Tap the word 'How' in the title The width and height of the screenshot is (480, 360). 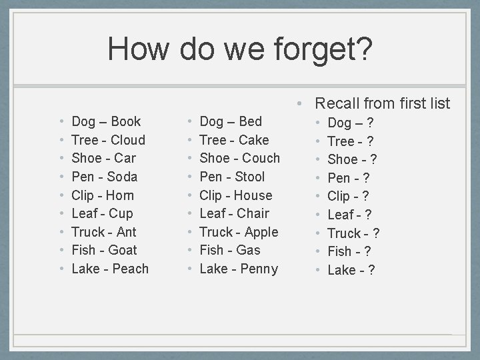point(139,49)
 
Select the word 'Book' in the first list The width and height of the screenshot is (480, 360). point(126,121)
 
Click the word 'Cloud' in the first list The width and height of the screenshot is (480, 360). point(128,140)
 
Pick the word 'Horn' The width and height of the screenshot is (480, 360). point(120,195)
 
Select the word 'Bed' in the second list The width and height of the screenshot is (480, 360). point(250,121)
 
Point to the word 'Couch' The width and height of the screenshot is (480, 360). point(261,158)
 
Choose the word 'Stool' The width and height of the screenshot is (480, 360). point(250,177)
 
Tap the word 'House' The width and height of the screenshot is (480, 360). point(253,195)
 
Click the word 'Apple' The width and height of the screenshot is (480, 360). point(261,232)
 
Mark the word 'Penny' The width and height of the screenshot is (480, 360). point(259,269)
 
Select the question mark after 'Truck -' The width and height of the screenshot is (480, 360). point(376,233)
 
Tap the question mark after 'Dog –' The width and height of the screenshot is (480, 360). point(370,123)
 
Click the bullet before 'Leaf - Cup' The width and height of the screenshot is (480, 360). point(62,213)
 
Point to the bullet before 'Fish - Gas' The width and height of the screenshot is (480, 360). point(190,250)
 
